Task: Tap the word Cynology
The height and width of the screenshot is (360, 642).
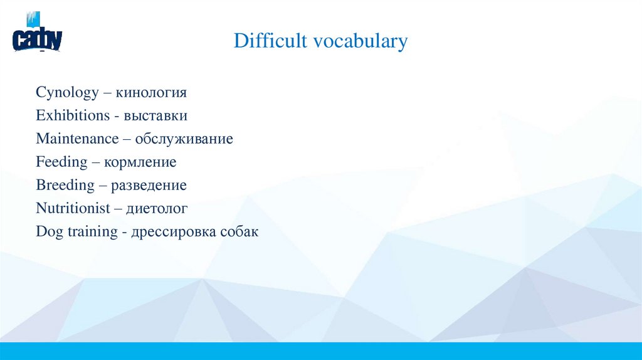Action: pyautogui.click(x=67, y=93)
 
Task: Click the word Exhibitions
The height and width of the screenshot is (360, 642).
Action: pyautogui.click(x=73, y=116)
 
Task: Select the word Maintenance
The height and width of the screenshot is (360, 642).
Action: pyautogui.click(x=77, y=139)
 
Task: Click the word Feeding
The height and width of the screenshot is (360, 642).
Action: pyautogui.click(x=61, y=162)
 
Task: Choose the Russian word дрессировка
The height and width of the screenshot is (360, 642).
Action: pyautogui.click(x=173, y=231)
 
